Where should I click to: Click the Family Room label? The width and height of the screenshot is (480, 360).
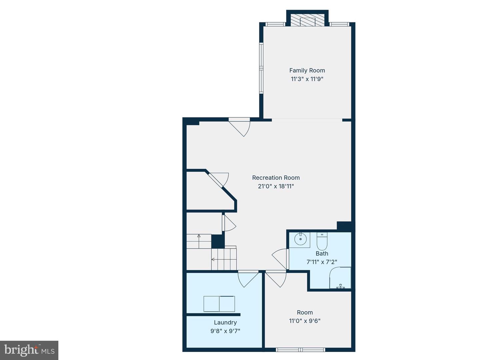[x=307, y=70]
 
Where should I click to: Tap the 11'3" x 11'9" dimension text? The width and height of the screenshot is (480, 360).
[x=307, y=79]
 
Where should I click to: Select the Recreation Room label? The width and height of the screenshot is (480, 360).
[x=276, y=178]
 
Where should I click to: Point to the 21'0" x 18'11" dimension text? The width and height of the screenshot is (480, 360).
[x=276, y=187]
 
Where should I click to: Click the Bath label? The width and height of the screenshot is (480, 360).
[x=322, y=254]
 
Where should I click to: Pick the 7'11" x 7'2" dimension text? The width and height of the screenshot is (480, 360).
[x=322, y=262]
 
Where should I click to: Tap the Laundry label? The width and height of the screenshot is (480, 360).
[x=225, y=322]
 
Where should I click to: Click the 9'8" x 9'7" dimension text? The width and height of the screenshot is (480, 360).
[x=225, y=331]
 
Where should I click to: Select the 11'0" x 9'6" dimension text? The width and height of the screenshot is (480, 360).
[x=305, y=321]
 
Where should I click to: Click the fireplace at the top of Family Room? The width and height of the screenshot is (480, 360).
[x=307, y=20]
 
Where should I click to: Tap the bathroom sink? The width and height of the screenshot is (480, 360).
[x=300, y=239]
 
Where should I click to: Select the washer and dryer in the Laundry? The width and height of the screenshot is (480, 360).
[x=219, y=304]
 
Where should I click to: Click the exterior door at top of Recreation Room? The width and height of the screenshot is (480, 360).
[x=241, y=127]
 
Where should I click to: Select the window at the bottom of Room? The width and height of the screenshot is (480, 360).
[x=300, y=350]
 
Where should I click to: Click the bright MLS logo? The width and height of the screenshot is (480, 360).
[x=29, y=350]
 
